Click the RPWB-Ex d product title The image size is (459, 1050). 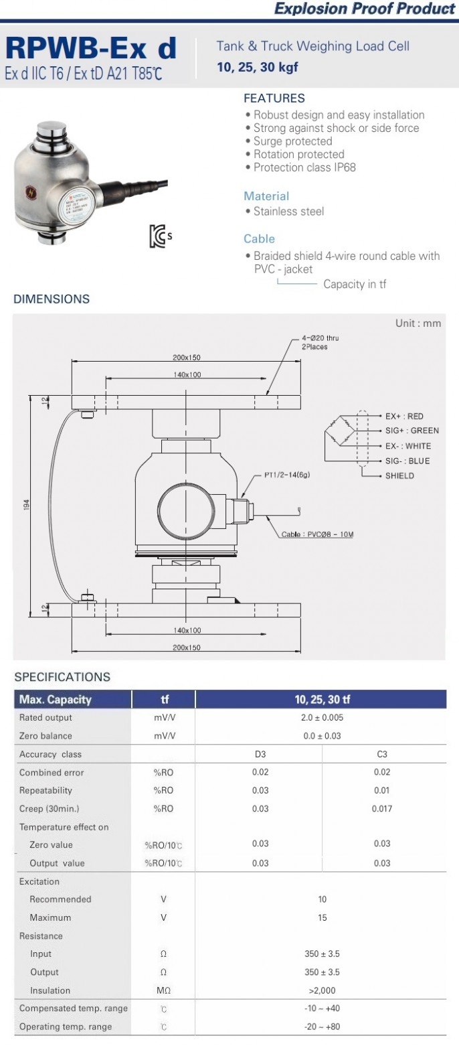click(91, 49)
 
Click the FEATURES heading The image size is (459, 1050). click(274, 98)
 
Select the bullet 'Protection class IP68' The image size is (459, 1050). click(304, 167)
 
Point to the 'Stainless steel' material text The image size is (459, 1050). click(288, 212)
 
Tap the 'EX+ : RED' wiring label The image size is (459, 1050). click(404, 416)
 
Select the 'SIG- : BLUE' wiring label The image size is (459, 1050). click(407, 461)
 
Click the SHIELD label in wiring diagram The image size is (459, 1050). click(399, 475)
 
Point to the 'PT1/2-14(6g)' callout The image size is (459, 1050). click(287, 475)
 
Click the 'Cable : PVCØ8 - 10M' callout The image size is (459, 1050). click(316, 534)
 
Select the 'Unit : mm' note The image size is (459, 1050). click(418, 323)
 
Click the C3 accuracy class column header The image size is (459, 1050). click(382, 754)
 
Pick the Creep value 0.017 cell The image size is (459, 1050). click(382, 808)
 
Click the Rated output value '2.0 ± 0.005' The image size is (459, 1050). click(322, 717)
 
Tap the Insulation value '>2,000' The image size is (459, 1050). click(322, 990)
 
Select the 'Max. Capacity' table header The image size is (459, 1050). click(56, 700)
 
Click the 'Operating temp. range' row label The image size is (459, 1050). click(66, 1027)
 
